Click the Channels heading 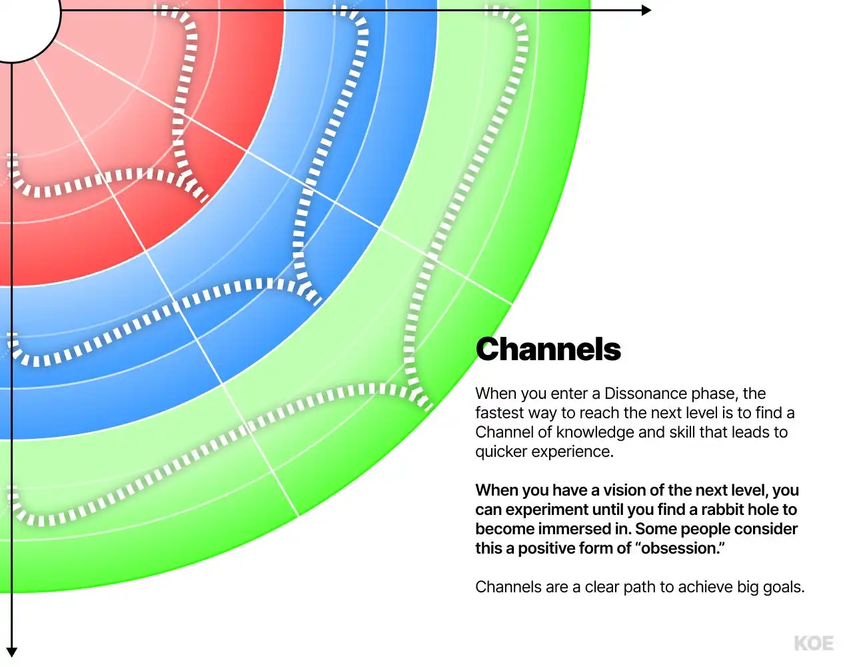click(548, 350)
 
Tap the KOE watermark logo click(814, 643)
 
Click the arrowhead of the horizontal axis click(646, 10)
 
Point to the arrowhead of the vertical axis click(11, 652)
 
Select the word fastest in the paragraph click(499, 413)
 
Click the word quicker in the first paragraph click(501, 452)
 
